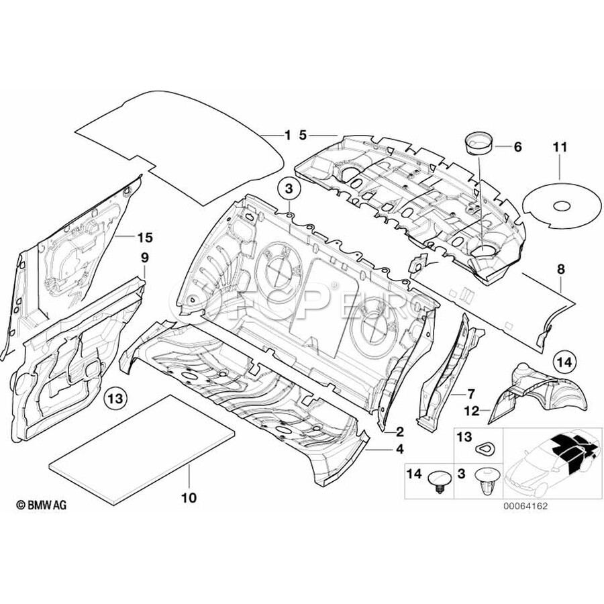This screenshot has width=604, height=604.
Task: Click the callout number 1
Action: click(288, 136)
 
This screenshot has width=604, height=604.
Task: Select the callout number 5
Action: click(303, 136)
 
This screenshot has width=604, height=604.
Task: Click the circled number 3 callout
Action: click(289, 190)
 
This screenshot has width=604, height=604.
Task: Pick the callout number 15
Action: click(145, 237)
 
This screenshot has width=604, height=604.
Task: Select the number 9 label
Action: click(144, 257)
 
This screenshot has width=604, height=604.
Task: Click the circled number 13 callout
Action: click(116, 399)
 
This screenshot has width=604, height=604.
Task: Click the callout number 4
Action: click(399, 450)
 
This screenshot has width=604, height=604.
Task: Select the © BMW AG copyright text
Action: click(42, 505)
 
